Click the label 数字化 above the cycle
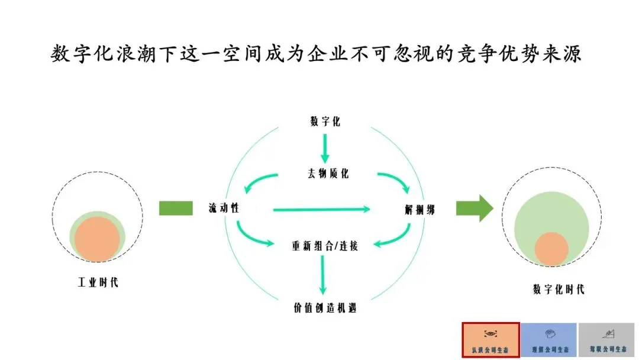(325, 122)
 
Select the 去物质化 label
(325, 173)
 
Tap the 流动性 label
(223, 208)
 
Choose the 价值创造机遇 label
(325, 308)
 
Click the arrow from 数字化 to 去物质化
(325, 148)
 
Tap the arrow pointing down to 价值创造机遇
(323, 275)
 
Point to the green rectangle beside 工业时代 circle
(176, 208)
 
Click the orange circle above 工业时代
(98, 239)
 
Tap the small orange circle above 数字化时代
(552, 249)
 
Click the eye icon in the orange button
(490, 333)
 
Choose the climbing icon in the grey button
(606, 333)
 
